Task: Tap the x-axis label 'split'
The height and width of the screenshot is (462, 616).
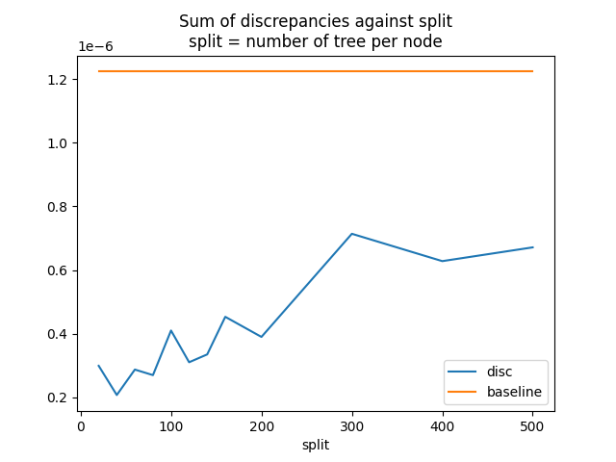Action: (x=315, y=446)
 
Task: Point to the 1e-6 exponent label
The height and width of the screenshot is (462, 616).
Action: (x=96, y=46)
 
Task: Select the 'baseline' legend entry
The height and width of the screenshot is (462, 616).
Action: (x=514, y=393)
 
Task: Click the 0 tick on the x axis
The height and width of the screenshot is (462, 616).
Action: (x=81, y=425)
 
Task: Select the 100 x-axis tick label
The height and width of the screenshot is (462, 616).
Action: (x=171, y=425)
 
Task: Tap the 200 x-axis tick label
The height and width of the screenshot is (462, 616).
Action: (x=262, y=425)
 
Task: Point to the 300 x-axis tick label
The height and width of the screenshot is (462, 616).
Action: (x=352, y=425)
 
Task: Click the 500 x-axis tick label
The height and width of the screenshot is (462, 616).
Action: (x=532, y=425)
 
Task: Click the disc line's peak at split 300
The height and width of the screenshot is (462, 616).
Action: (x=352, y=234)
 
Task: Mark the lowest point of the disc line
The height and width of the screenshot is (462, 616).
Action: (x=117, y=395)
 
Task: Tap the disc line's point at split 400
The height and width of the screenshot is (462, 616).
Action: (x=442, y=261)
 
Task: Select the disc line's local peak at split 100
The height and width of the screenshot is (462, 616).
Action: (x=171, y=330)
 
